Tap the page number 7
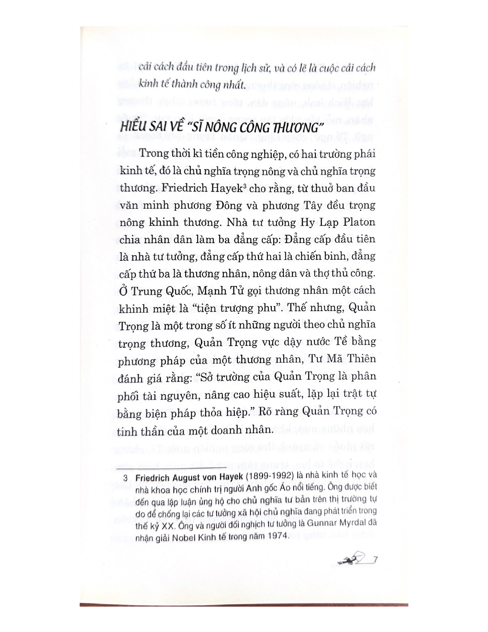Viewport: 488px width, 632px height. tap(375, 560)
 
